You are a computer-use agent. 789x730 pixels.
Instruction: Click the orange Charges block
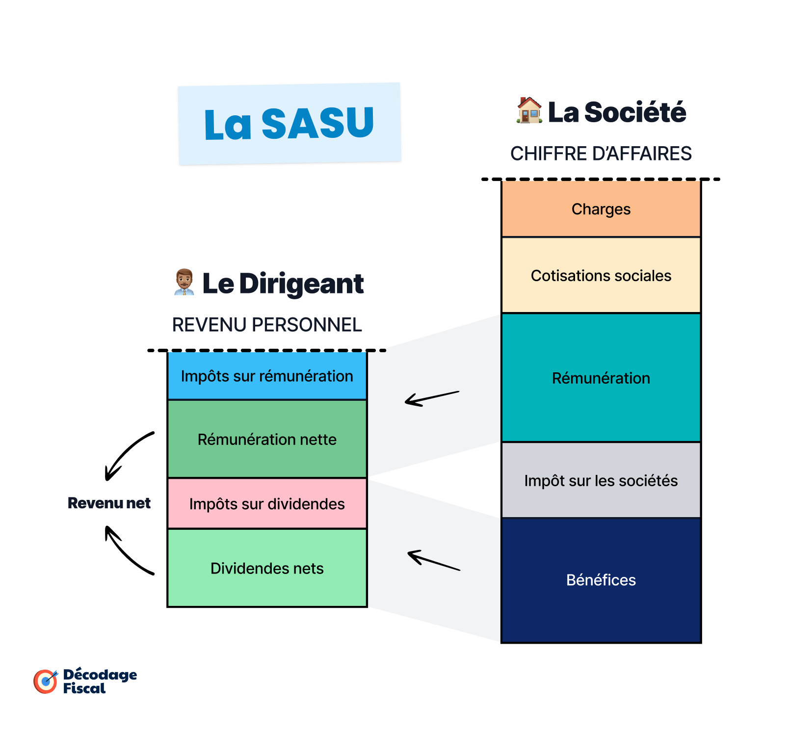601,209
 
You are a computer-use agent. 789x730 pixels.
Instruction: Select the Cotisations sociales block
601,276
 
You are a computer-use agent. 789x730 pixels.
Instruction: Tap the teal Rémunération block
601,378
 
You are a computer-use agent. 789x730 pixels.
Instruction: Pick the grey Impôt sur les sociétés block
601,480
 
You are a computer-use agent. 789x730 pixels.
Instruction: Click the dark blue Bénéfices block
601,580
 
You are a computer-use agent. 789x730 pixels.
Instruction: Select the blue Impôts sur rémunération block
267,376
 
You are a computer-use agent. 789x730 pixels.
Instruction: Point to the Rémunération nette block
267,439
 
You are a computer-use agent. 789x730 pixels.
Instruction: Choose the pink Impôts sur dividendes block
267,504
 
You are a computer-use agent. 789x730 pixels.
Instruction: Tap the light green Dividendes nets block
267,568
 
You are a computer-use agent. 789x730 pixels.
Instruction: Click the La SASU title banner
289,124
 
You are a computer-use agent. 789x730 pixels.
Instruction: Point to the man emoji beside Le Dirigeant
184,282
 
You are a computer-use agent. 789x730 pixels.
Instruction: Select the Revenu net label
109,503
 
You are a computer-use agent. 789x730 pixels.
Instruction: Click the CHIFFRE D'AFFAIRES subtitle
601,154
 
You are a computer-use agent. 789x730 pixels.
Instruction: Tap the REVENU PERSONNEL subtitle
267,325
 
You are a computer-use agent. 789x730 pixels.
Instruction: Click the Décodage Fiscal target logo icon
46,681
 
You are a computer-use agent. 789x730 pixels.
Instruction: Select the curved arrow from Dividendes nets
127,551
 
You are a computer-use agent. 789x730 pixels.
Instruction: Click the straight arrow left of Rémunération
432,398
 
